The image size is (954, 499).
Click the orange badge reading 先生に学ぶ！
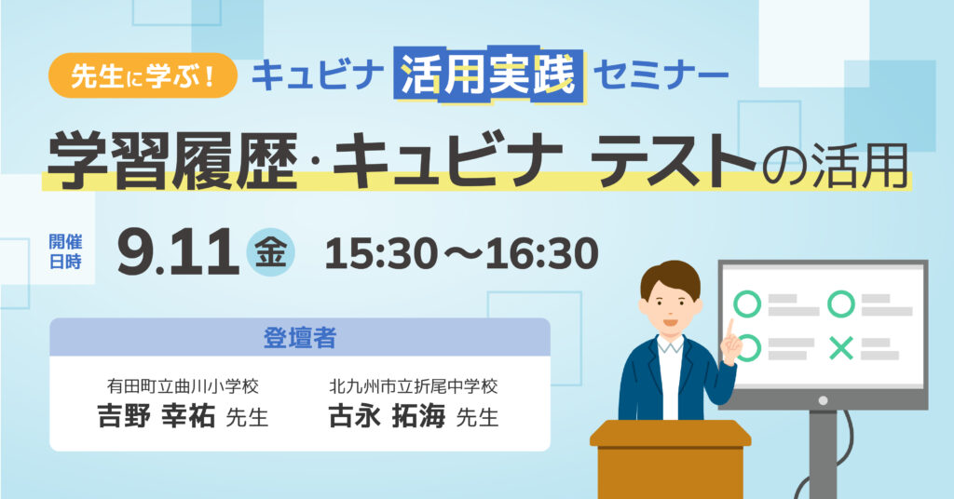point(143,75)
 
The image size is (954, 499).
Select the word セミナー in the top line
point(661,75)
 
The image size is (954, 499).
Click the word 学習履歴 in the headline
point(172,160)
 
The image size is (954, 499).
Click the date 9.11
point(178,251)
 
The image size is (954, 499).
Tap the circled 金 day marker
point(270,252)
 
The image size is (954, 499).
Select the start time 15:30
point(381,253)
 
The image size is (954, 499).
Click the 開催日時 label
point(65,251)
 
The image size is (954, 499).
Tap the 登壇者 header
point(299,338)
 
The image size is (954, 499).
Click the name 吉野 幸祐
point(157,417)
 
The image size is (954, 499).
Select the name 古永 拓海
point(387,417)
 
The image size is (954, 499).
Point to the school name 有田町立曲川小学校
point(183,386)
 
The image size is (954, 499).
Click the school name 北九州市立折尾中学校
point(413,386)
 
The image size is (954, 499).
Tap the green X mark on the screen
point(841,349)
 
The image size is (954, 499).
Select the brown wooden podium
point(670,459)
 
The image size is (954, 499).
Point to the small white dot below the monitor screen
point(823,400)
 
